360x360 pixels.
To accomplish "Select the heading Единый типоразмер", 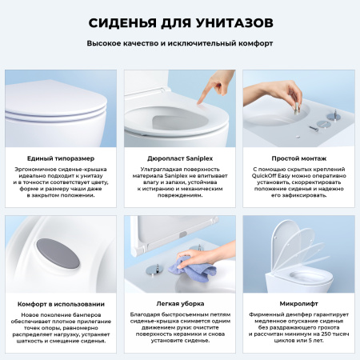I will [x=60, y=159].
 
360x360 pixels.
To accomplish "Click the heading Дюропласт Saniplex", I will [x=179, y=159].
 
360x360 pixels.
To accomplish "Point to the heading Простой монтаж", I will [x=298, y=159].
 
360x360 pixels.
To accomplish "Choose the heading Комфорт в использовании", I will [x=60, y=303].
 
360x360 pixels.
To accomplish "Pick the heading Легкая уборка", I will [x=179, y=303].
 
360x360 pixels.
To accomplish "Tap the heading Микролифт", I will [x=298, y=303].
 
